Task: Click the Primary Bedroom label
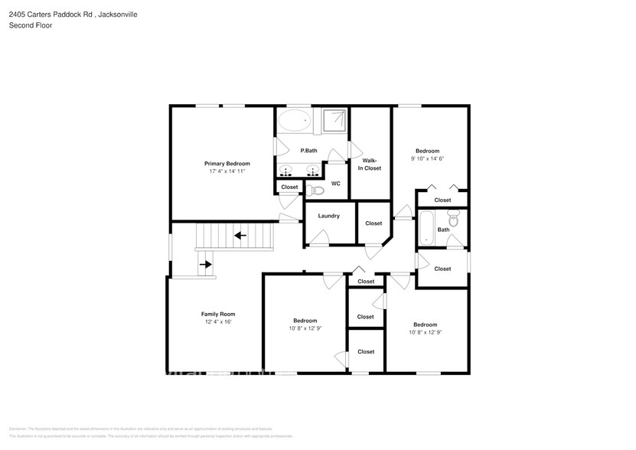[227, 163]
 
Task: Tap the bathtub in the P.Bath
[293, 119]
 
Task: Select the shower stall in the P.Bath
[334, 119]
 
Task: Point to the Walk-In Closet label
[371, 164]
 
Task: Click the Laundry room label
[329, 216]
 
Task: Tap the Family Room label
[218, 314]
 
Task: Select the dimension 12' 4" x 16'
[218, 322]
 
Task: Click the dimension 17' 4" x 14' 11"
[227, 171]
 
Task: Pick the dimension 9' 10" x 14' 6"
[427, 159]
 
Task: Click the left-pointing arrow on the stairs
[240, 235]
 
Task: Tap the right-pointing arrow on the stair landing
[205, 265]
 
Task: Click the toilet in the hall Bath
[453, 220]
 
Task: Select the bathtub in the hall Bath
[426, 228]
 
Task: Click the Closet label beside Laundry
[373, 223]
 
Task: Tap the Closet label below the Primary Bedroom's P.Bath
[289, 187]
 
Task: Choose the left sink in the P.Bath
[287, 170]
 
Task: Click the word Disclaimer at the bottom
[17, 429]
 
